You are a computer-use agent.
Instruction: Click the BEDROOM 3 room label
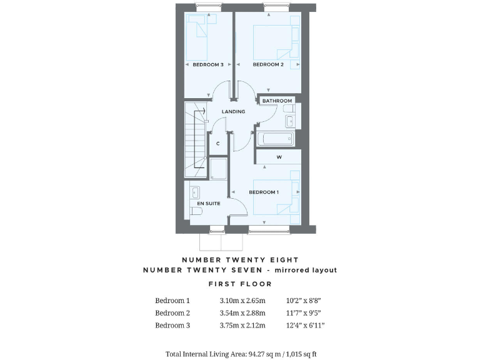point(207,64)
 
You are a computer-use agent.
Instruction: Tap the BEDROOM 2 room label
point(267,64)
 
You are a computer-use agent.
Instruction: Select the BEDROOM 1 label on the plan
point(264,192)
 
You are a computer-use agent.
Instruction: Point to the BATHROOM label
point(277,101)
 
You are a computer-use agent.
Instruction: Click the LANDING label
point(234,111)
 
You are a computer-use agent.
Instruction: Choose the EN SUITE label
point(208,203)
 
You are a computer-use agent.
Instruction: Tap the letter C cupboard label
point(217,144)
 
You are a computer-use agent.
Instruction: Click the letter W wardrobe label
point(279,157)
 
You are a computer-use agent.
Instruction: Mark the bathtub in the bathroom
point(274,138)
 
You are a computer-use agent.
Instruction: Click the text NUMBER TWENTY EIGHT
point(240,259)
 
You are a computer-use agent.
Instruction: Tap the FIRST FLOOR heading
point(240,284)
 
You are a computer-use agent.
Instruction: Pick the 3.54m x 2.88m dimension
point(242,312)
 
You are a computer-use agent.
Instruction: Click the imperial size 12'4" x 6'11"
point(306,325)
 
